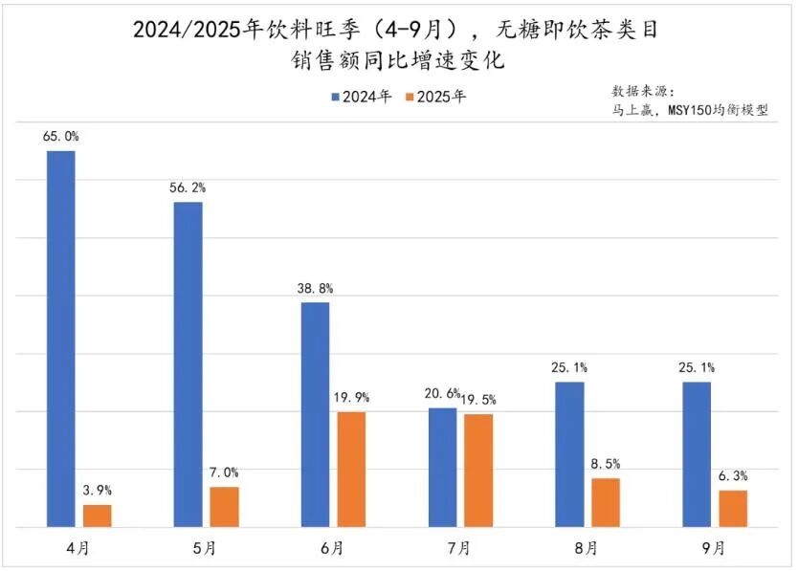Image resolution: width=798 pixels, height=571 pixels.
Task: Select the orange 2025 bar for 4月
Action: pos(98,516)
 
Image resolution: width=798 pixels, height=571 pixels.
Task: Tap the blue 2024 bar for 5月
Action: pos(188,363)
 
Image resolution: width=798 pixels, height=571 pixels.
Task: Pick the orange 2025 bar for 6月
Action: pos(351,469)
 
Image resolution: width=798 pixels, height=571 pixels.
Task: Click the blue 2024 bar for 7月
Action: pos(442,467)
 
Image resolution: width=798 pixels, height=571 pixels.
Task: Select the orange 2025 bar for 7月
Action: pos(478,470)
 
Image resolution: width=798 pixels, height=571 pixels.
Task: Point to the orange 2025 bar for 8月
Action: pos(606,502)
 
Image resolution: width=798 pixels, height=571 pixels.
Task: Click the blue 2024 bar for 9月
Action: pos(697,454)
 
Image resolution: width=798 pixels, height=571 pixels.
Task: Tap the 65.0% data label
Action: pos(60,137)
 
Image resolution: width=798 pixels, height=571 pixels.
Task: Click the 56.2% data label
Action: pos(188,187)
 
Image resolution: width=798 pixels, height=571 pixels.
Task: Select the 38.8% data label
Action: pos(315,288)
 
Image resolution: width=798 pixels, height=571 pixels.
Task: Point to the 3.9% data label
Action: pos(98,491)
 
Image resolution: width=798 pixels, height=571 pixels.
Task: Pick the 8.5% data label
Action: pos(606,464)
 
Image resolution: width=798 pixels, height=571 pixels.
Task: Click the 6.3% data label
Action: pos(733,476)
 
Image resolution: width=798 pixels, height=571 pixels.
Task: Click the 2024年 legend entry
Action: pos(362,97)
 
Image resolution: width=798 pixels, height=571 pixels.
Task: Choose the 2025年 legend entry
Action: pos(436,97)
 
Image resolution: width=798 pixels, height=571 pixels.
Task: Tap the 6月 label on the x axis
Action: pos(332,549)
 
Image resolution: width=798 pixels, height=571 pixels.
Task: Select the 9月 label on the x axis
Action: pos(714,549)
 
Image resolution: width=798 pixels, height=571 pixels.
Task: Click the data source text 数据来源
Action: pos(643,91)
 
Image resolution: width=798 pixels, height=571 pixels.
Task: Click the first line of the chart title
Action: pos(398,31)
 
